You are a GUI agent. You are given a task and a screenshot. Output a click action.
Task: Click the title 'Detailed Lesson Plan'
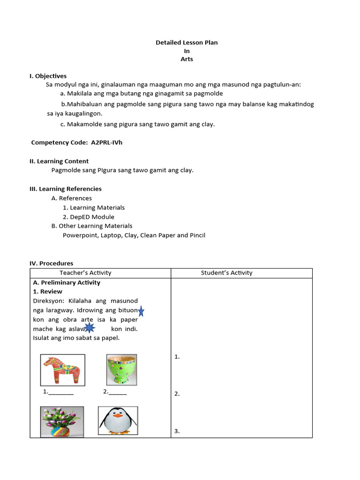coord(187,43)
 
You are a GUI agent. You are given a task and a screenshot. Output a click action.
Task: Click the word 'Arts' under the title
coord(187,60)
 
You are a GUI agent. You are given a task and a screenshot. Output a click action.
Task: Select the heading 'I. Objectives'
coord(48,76)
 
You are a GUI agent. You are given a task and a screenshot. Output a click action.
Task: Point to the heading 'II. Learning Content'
coord(59,161)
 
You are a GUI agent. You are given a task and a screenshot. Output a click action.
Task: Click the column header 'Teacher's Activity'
coord(85,273)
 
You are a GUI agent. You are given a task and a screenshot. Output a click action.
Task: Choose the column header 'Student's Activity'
coord(226,273)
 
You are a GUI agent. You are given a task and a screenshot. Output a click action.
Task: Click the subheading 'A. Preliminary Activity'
coord(66,283)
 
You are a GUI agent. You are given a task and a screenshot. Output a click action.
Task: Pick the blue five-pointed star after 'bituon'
coord(141,311)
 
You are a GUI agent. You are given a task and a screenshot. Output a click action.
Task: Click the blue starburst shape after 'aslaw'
coord(90,328)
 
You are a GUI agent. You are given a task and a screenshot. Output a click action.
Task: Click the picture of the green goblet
coord(121,369)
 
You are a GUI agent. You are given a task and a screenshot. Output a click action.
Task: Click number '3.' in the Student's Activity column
coord(177,431)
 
